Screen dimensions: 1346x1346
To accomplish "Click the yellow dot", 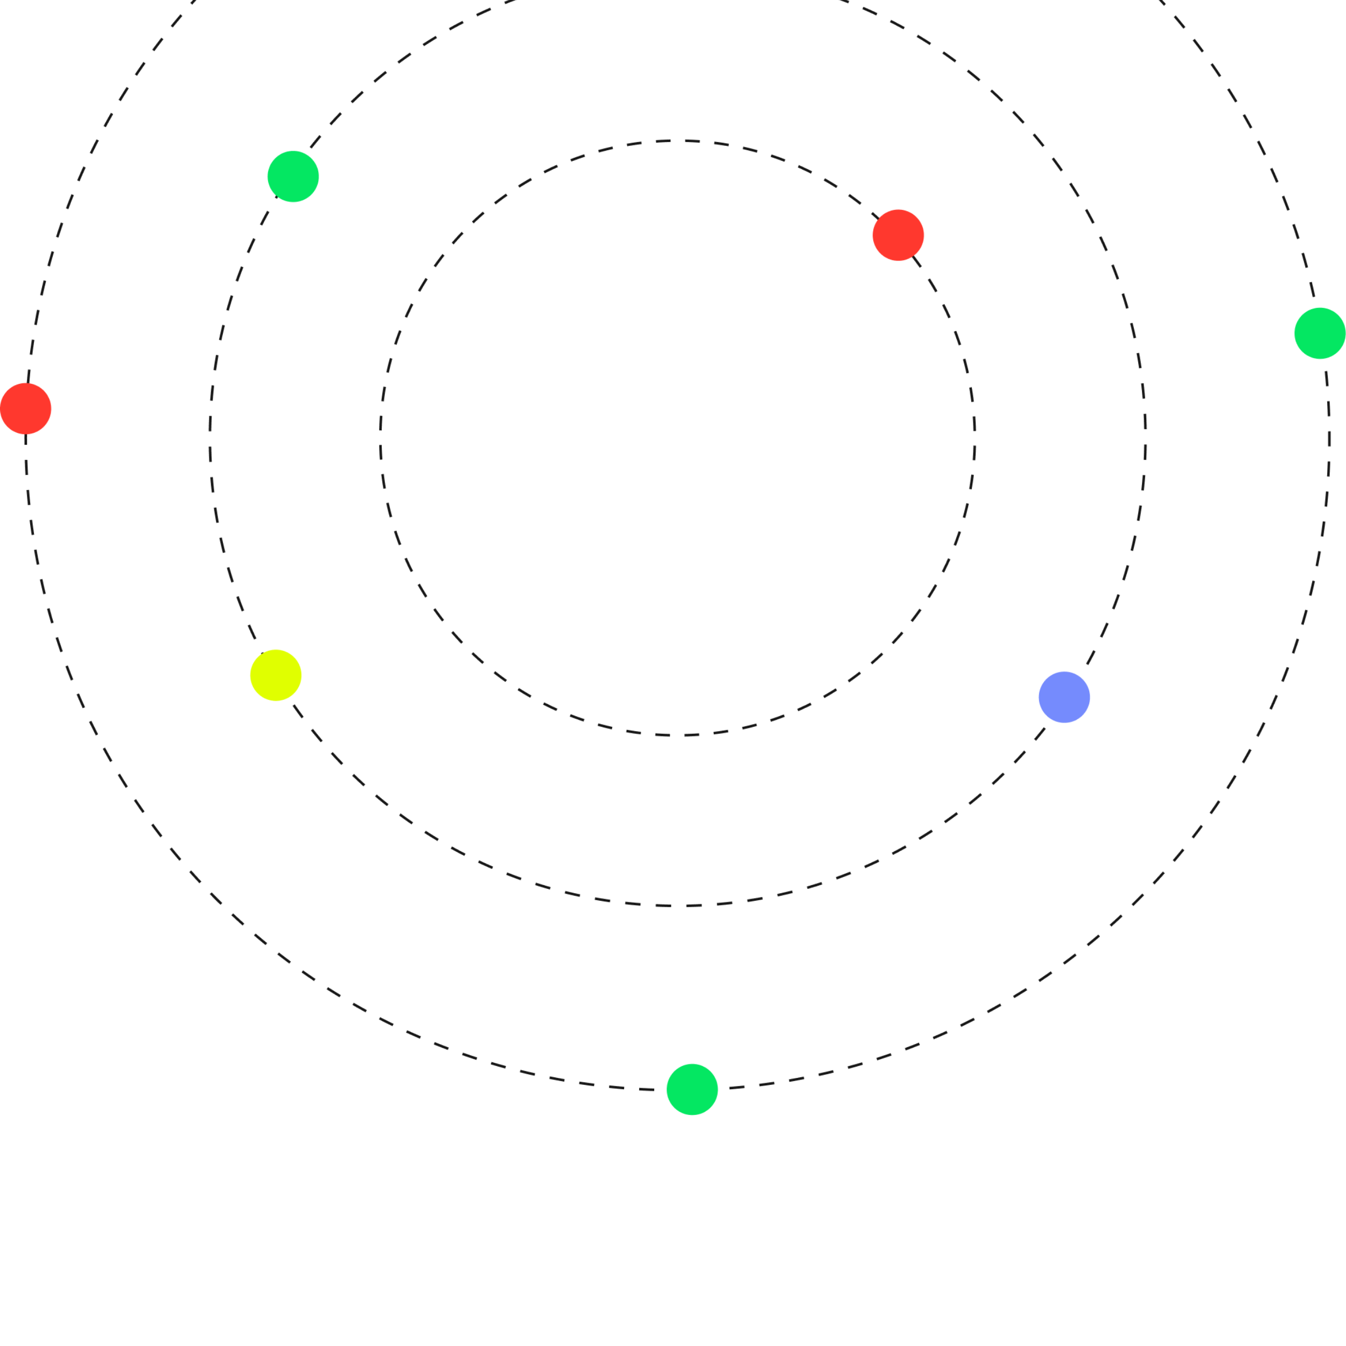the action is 276,675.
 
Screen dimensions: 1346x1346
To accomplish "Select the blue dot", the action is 1064,697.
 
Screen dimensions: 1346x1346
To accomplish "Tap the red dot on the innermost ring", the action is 898,235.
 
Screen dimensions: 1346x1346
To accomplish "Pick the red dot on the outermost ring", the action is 26,408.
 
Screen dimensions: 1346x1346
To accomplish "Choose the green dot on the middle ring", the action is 293,176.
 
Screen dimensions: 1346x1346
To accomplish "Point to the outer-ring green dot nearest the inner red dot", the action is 1320,333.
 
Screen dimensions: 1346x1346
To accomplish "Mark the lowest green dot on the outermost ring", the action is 692,1089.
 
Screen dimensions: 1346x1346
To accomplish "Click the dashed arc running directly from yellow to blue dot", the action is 677,906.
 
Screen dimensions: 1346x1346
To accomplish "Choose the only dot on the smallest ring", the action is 898,235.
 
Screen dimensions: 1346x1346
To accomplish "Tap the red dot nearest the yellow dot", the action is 26,408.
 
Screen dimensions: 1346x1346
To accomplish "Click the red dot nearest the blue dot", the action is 898,235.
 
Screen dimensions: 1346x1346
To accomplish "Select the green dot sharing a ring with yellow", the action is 293,176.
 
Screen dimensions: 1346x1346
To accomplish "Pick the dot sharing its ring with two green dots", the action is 26,408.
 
